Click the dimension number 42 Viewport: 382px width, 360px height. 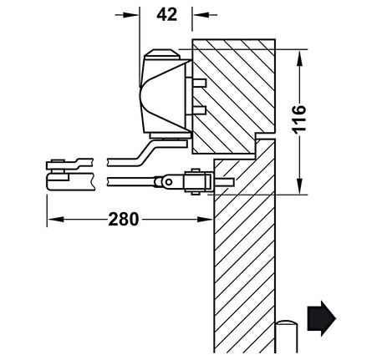[166, 14]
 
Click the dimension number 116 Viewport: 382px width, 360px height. [299, 119]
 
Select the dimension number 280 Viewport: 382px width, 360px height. [124, 219]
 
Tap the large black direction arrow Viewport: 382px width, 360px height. [322, 318]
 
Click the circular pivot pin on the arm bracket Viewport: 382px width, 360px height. [168, 182]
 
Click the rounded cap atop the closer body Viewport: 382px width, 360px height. [161, 54]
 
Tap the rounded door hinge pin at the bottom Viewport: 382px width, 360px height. [287, 337]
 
